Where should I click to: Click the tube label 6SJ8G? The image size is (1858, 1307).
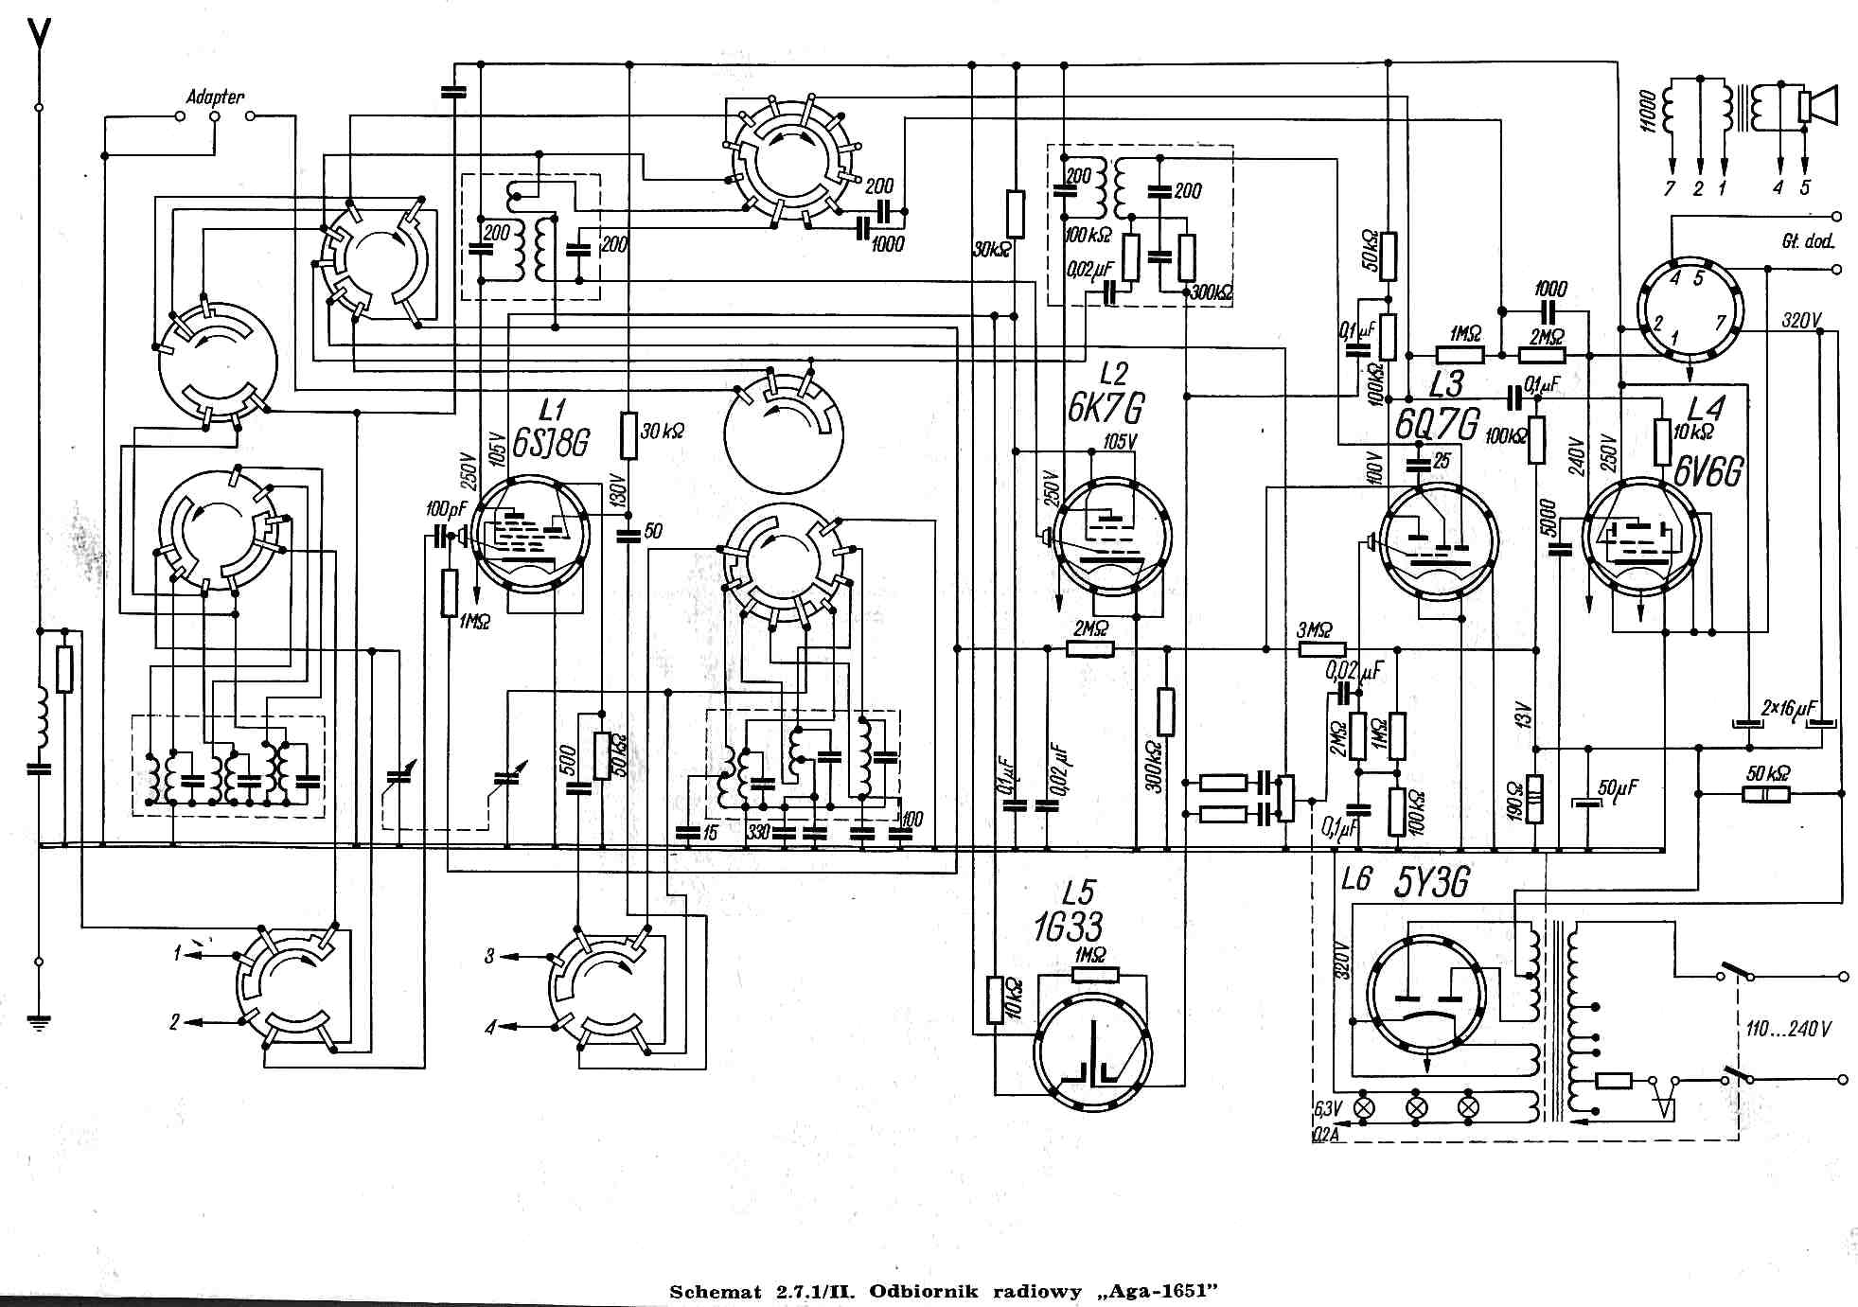[551, 443]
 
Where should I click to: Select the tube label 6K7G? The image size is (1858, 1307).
[1106, 408]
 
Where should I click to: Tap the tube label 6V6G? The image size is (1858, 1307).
[1708, 470]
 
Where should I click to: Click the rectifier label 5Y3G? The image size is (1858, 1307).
[1432, 882]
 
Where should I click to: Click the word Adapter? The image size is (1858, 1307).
[215, 97]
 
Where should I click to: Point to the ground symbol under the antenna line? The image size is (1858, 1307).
[39, 1021]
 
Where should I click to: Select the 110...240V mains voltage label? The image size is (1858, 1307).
[1788, 1028]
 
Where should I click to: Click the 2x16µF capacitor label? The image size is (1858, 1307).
[1788, 708]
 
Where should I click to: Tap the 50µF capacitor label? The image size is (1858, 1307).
[1618, 787]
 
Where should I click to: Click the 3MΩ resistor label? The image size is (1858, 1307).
[1314, 629]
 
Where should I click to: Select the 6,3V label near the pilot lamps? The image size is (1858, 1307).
[1328, 1107]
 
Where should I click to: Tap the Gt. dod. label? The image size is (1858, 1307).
[1807, 241]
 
